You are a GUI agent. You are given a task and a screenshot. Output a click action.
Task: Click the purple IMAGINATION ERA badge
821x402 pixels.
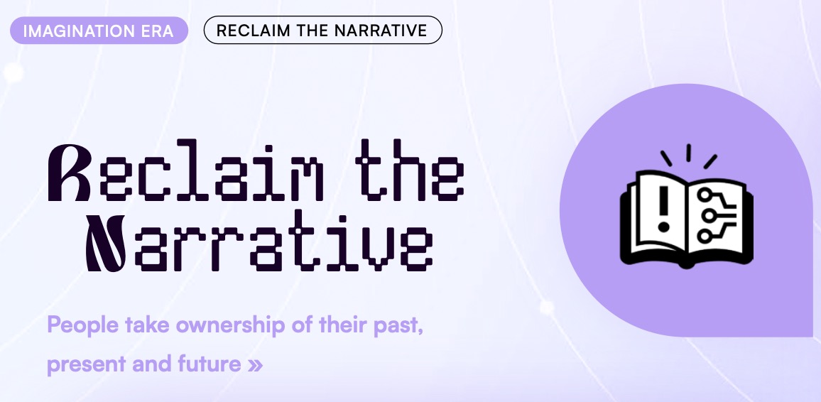(x=99, y=31)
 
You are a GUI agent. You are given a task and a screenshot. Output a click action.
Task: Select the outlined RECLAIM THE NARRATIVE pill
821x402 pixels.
(x=322, y=31)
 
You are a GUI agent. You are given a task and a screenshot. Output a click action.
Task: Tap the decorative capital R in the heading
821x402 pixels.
(x=69, y=173)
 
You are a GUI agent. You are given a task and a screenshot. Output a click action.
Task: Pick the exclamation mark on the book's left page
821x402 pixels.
(x=664, y=208)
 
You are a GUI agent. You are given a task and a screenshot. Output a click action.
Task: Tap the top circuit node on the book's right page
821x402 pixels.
(x=705, y=195)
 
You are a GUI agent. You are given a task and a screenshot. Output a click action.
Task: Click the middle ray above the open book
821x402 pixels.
(x=688, y=153)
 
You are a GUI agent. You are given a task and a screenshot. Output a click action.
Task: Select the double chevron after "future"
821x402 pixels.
(x=254, y=365)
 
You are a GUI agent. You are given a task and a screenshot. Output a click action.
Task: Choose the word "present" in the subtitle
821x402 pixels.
(x=85, y=365)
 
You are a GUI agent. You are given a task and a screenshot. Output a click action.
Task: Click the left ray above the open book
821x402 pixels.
(x=666, y=158)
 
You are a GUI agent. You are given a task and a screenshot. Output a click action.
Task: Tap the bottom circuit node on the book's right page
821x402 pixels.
(x=705, y=236)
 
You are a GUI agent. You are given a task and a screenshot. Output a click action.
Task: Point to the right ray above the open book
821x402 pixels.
(x=710, y=161)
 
